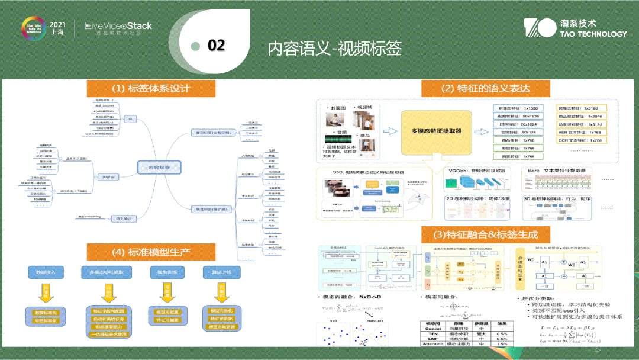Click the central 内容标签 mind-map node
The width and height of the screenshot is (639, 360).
click(158, 168)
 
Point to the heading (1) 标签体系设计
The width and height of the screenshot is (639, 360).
click(151, 88)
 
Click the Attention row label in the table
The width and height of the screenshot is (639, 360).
click(433, 343)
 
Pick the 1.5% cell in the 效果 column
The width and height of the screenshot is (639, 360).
click(501, 343)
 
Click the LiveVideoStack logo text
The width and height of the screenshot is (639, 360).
click(118, 26)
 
